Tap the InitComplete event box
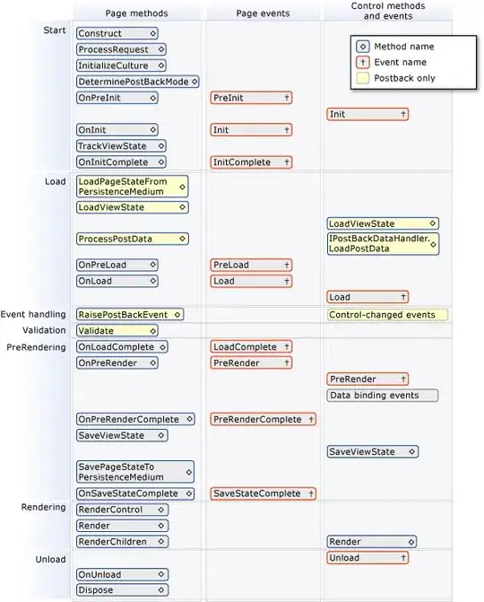251,162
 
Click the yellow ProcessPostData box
132,239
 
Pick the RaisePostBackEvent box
130,314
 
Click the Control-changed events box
386,315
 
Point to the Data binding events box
383,396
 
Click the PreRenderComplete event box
263,419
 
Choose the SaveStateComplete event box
263,493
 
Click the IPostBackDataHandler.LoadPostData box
383,244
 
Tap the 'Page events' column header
260,13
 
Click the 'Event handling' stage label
33,314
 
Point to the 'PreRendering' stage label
36,346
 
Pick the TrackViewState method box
121,146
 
